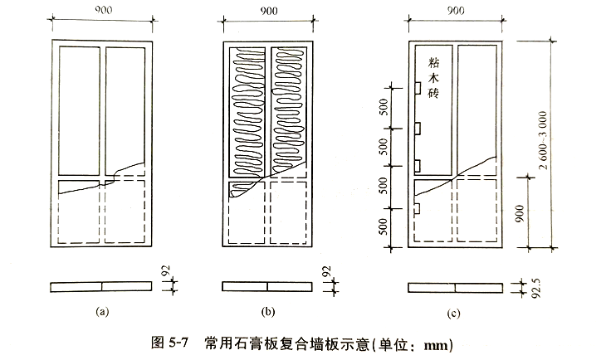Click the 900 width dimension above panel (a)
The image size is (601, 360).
point(102,10)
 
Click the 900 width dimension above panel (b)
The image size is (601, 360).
point(266,10)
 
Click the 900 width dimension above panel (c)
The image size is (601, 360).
point(455,10)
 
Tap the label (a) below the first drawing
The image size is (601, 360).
point(102,313)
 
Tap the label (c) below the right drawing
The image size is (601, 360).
point(455,313)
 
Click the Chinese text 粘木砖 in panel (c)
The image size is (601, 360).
point(433,80)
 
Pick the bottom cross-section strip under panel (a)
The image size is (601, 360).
point(102,287)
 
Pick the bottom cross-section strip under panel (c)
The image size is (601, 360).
point(454,287)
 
